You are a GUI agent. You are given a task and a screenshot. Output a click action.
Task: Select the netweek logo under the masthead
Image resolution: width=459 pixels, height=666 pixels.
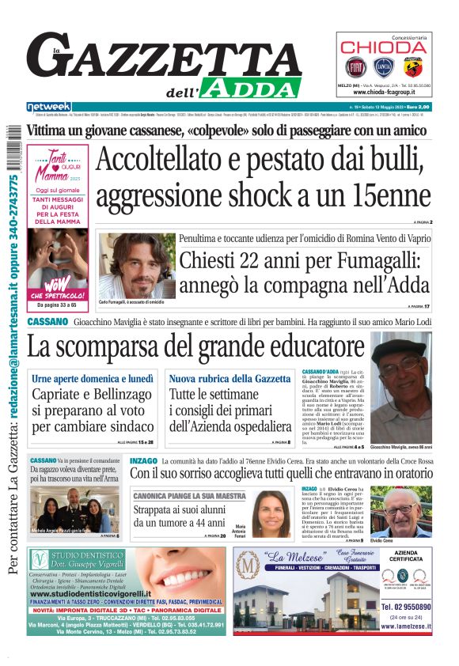pos(48,107)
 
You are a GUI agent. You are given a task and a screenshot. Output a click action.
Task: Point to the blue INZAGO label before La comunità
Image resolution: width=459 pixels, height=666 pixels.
pos(142,460)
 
